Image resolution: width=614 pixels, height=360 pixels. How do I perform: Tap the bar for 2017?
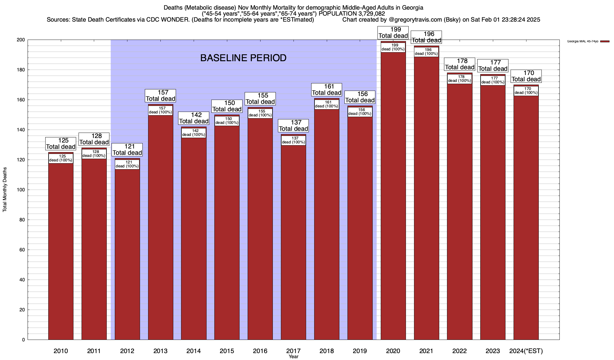tap(294, 240)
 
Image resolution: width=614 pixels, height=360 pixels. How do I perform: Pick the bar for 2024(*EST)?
tap(526, 216)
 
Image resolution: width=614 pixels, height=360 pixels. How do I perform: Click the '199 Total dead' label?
tap(393, 33)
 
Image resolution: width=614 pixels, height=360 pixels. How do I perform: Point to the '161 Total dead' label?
tap(327, 90)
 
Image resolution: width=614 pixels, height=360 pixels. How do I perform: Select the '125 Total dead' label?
tap(61, 144)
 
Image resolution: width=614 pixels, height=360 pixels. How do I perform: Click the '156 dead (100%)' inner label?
tap(360, 112)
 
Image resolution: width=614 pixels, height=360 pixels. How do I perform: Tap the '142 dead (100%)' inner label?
tap(194, 133)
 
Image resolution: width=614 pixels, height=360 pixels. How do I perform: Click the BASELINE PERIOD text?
tap(243, 58)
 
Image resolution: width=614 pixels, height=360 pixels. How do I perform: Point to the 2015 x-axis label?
tap(227, 351)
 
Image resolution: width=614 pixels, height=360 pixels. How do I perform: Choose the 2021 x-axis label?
tap(426, 351)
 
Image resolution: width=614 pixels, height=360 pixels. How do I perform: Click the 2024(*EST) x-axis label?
tap(526, 351)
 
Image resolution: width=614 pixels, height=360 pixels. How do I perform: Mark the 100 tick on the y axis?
tap(21, 190)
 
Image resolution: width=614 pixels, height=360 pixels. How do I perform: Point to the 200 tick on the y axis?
tap(21, 40)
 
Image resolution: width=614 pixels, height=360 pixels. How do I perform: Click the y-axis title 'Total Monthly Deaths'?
tap(5, 190)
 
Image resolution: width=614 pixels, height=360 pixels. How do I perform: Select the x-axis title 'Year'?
tap(294, 357)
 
